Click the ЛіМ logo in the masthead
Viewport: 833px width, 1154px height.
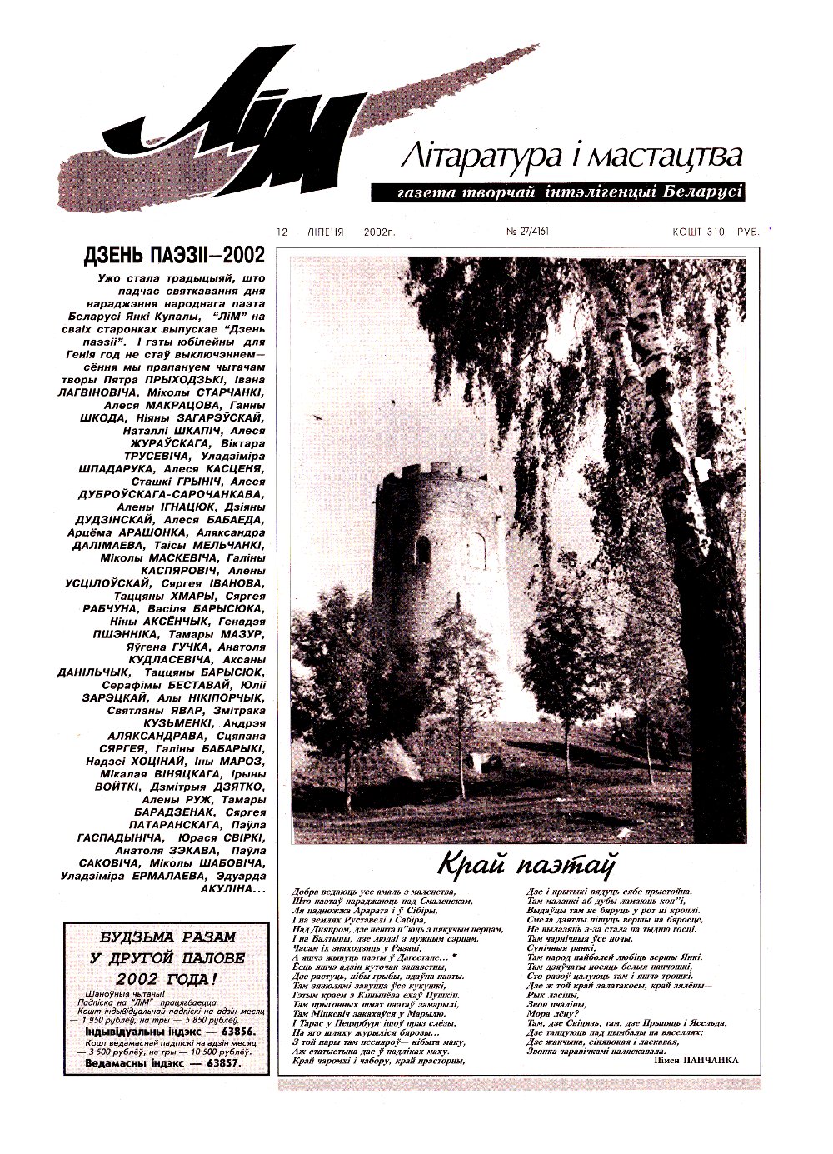250,125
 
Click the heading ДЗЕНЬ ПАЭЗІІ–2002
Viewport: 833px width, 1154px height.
175,254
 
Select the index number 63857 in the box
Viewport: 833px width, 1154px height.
208,1063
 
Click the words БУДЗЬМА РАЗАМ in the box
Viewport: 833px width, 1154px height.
167,937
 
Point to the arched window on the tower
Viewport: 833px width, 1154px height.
423,549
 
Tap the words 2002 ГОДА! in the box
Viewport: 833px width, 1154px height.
167,979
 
